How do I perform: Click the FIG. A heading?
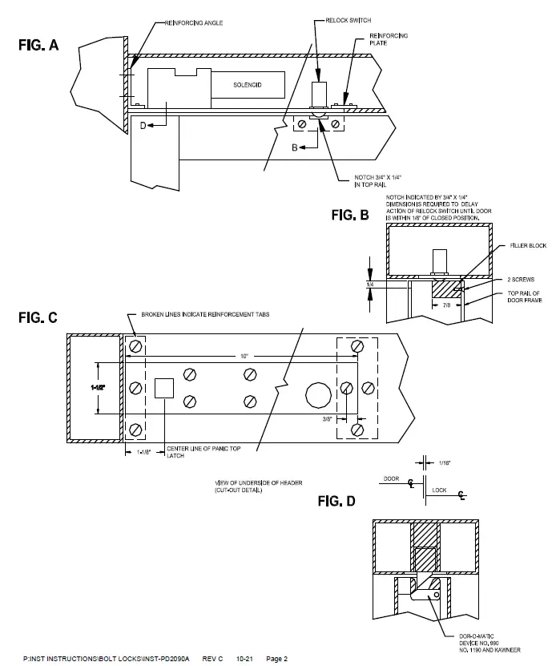point(38,46)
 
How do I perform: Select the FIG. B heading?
point(350,215)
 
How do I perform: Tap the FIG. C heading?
point(38,317)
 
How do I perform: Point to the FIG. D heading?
point(337,502)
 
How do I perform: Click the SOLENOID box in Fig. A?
point(248,84)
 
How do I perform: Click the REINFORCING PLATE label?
point(388,40)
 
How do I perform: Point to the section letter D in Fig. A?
point(143,125)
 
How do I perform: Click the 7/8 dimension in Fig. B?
point(446,305)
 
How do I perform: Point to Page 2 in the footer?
point(276,659)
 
